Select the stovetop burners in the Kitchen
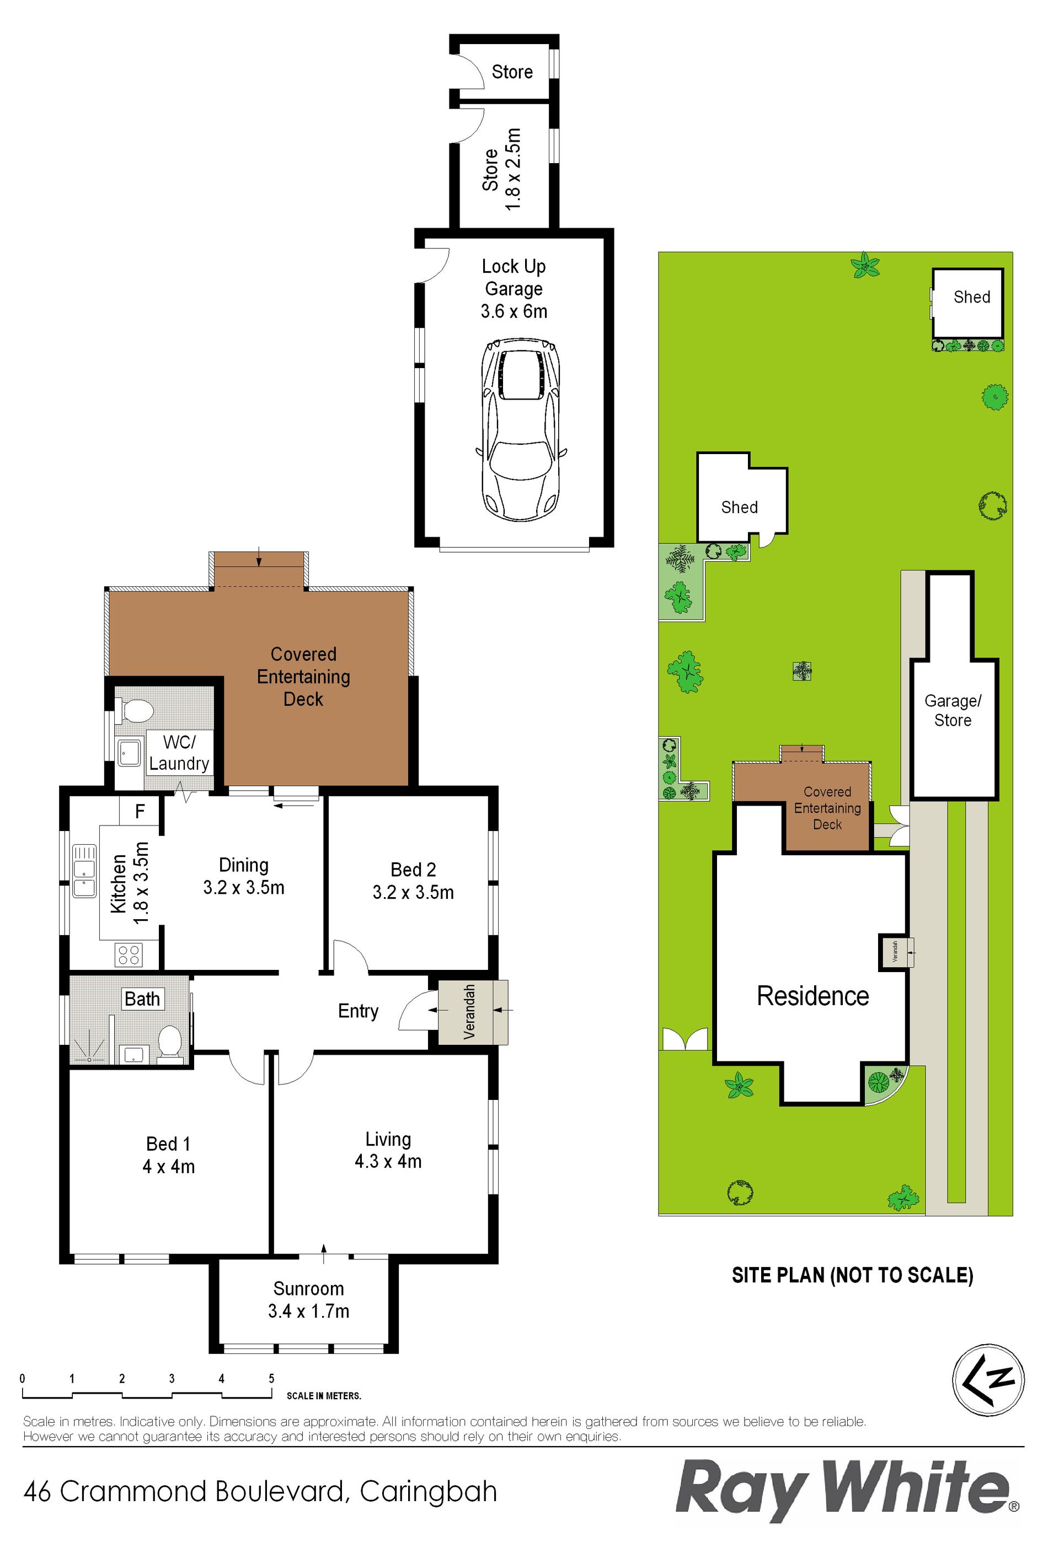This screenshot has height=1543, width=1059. (127, 955)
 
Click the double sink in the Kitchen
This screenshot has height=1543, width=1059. (84, 871)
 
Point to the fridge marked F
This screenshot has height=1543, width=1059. (140, 811)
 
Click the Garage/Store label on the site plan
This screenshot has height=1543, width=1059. (953, 710)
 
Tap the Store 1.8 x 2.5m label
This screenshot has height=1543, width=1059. (501, 170)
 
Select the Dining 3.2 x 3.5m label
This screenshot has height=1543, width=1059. (244, 876)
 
